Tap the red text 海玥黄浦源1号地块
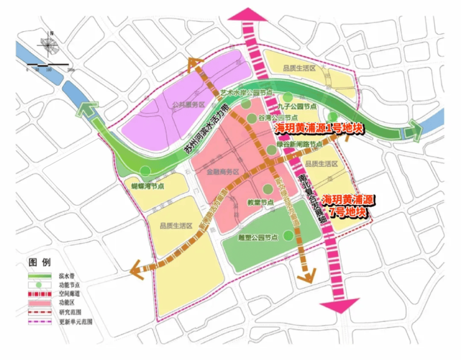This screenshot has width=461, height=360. tap(318, 128)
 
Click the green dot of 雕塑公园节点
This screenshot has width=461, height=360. tap(288, 235)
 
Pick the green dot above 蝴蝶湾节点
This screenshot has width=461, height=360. tap(145, 171)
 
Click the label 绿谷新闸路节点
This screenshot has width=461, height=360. tap(299, 144)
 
